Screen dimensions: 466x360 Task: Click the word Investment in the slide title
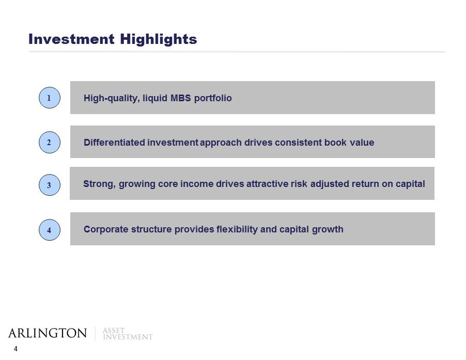tap(71, 39)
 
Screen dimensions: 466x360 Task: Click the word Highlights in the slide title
tap(159, 39)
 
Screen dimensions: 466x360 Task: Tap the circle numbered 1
tap(49, 98)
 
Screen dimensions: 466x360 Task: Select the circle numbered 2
tap(49, 142)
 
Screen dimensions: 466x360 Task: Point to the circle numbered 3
tap(49, 185)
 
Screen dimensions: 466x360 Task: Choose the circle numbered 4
tap(49, 230)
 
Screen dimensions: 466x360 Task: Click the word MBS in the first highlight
tap(181, 98)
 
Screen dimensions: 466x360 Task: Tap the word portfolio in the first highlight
tap(213, 98)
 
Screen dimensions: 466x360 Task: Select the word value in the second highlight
tap(362, 142)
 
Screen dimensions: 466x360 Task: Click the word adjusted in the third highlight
tap(330, 184)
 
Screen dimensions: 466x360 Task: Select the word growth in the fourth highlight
tap(328, 230)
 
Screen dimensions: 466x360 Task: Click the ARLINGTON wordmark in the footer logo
tap(48, 333)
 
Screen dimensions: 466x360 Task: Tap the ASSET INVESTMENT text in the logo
tap(128, 334)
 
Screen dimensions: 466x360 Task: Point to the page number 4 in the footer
tap(15, 349)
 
